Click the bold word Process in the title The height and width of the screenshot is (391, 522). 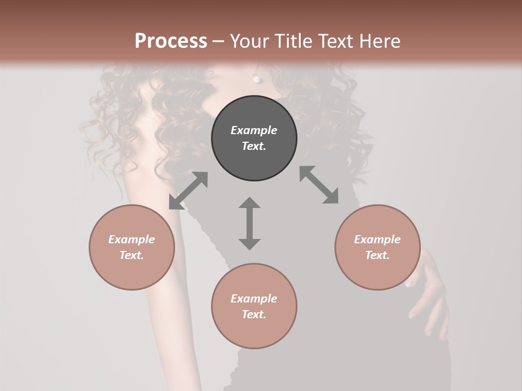pos(171,41)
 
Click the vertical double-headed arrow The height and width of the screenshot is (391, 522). pos(250,223)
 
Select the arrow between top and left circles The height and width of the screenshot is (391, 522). pos(188,191)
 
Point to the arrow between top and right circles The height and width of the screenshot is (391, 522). pos(319,185)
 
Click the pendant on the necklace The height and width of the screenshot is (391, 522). pos(257,79)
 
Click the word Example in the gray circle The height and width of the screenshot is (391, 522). pos(254,130)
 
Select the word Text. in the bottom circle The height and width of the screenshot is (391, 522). pos(254,314)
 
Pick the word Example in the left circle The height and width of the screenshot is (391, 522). pos(132,239)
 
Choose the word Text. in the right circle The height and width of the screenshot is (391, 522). pos(377,255)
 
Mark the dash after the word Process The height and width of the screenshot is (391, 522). pos(218,41)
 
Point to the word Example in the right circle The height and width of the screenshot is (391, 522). pos(377,239)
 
